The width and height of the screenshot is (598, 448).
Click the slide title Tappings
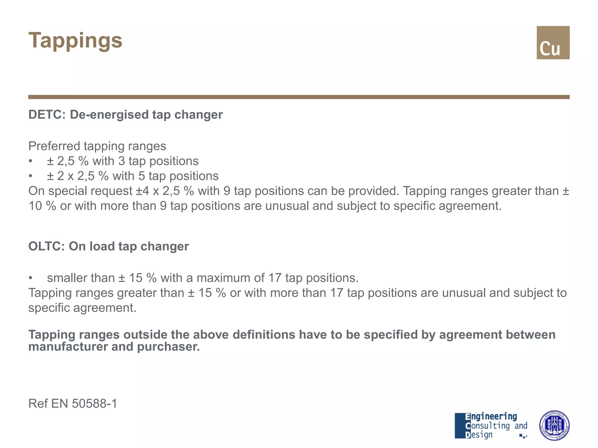tap(75, 41)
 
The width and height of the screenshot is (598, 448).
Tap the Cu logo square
tap(553, 43)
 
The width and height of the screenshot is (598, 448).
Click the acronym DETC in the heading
tap(45, 115)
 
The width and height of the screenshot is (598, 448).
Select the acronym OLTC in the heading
tap(45, 246)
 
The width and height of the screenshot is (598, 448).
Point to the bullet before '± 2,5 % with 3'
tap(30, 161)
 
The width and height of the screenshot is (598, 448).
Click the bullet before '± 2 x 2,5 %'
tap(30, 176)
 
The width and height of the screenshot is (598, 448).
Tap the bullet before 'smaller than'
tap(30, 278)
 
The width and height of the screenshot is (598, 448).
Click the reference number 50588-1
tap(94, 404)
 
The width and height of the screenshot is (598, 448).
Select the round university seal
tap(554, 426)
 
